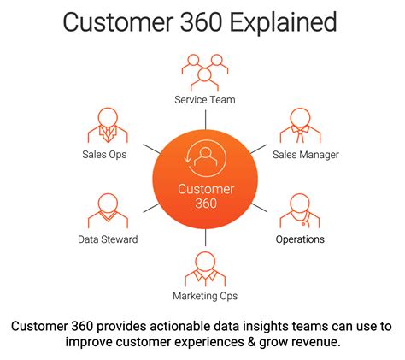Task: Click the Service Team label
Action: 204,100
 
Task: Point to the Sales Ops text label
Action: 108,155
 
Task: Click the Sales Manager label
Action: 305,155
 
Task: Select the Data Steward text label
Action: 108,239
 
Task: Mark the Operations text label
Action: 300,239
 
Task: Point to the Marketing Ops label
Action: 204,296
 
